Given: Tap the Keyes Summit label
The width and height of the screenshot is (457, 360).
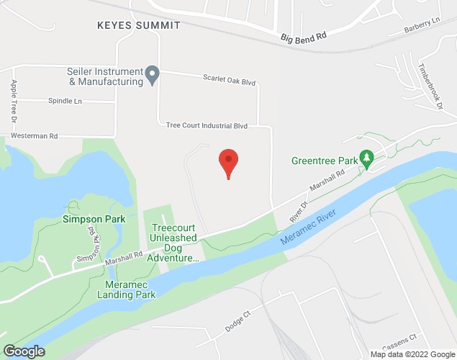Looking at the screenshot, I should click(139, 25).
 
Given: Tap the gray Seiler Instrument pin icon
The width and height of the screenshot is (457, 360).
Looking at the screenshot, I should click(153, 74).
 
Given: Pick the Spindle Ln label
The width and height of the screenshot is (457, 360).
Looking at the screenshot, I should click(65, 102).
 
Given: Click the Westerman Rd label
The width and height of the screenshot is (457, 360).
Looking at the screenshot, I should click(34, 135).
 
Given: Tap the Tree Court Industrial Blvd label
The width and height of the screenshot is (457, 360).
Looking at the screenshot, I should click(207, 125).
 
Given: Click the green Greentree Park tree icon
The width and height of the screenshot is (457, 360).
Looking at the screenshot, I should click(366, 157).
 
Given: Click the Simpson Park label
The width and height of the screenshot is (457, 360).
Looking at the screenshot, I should click(94, 219).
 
